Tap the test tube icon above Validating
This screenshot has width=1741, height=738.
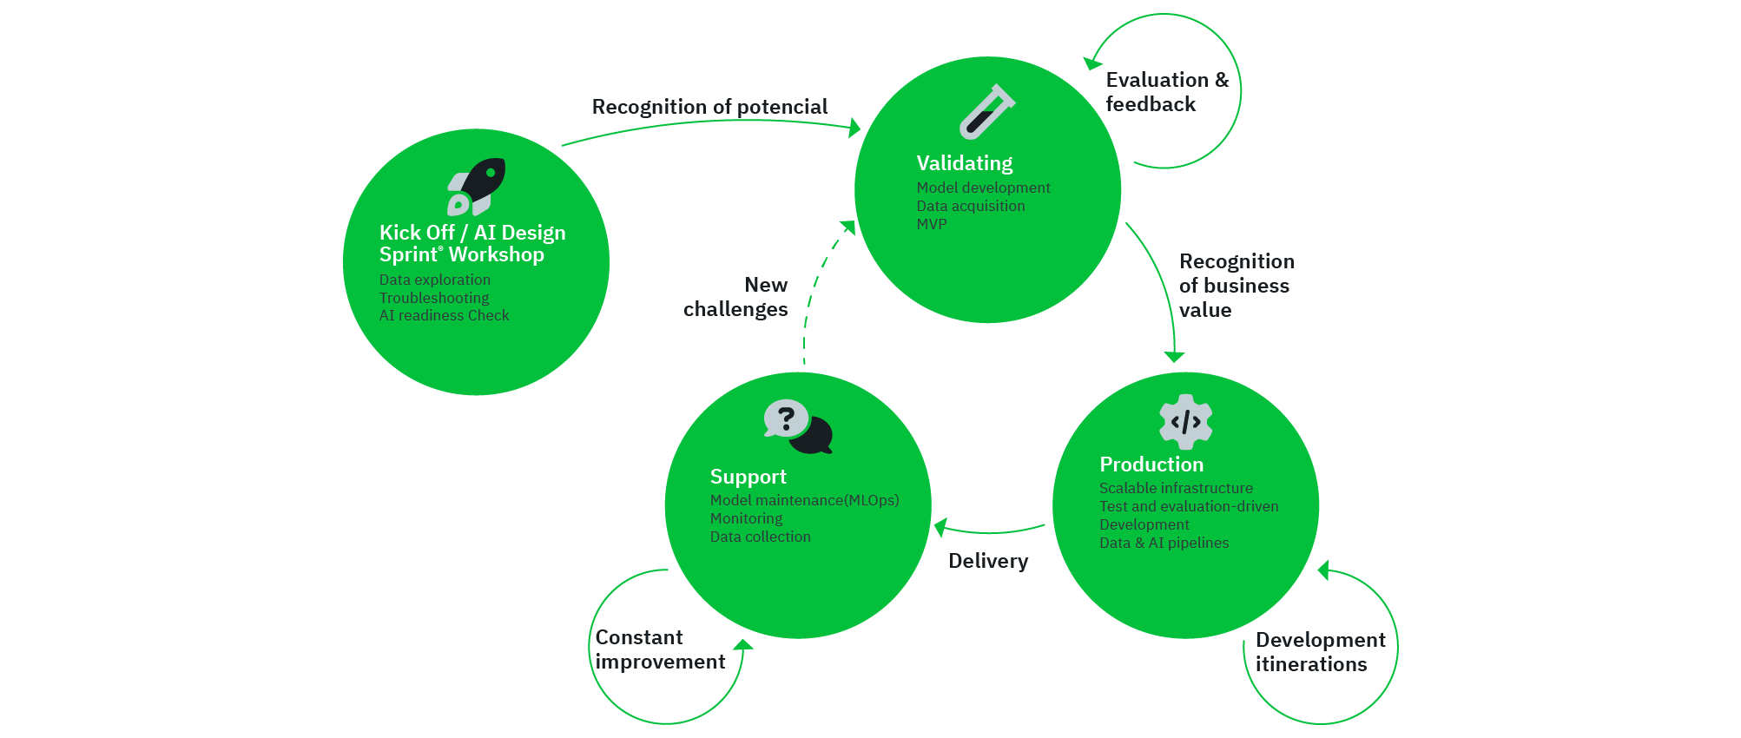point(986,112)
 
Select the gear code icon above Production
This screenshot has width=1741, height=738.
point(1185,422)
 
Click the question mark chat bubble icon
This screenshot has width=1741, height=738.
point(797,426)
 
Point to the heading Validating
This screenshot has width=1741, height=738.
point(964,163)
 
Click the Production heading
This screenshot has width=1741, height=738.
point(1151,465)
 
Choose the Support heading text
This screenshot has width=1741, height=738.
point(748,477)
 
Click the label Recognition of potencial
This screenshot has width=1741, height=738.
point(709,107)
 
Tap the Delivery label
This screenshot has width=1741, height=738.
point(988,561)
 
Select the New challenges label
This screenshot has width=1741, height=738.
point(736,297)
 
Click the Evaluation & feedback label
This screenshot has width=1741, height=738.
point(1166,92)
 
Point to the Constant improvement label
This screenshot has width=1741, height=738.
point(660,649)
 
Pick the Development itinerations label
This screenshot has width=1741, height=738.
point(1320,652)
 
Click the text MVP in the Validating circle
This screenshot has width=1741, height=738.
point(931,224)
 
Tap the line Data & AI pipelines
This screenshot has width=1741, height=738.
point(1164,543)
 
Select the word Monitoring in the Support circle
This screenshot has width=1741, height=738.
point(746,518)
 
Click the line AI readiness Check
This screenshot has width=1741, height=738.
point(444,315)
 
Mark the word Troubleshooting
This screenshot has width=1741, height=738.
point(433,298)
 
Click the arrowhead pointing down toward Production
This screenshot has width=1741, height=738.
point(1174,357)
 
